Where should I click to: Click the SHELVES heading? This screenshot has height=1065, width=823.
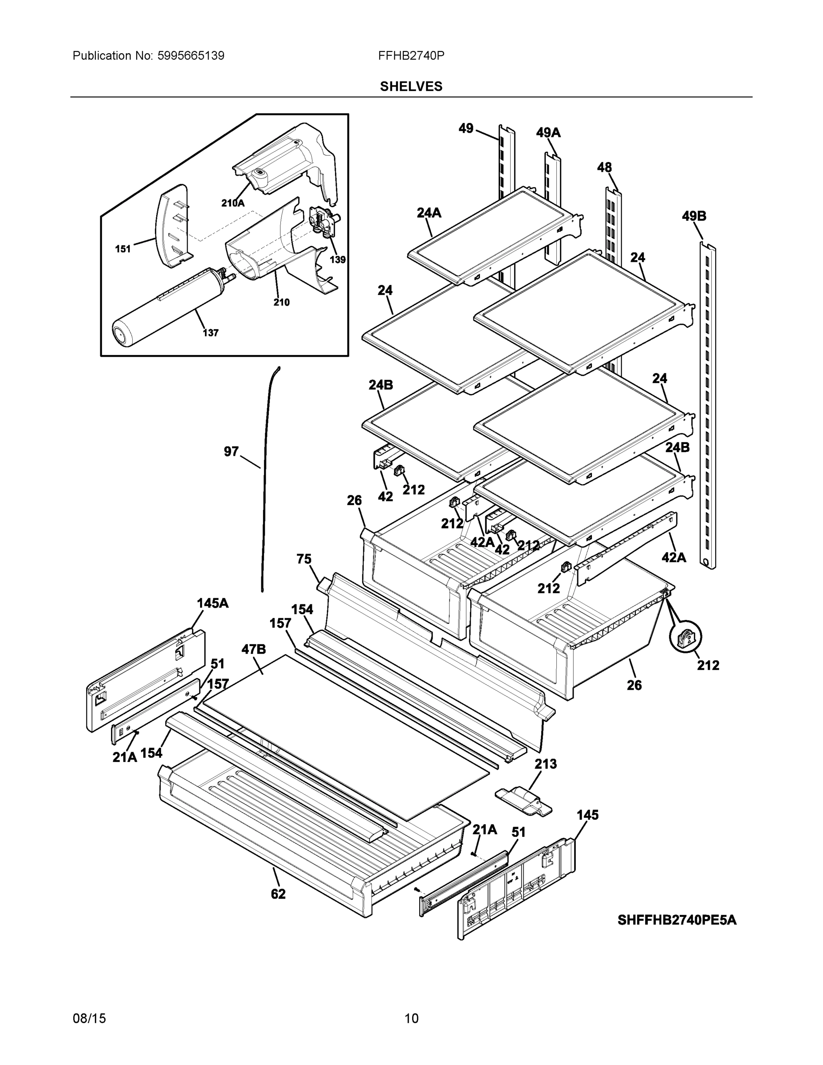pyautogui.click(x=411, y=87)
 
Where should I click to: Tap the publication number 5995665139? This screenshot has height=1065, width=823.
pyautogui.click(x=191, y=55)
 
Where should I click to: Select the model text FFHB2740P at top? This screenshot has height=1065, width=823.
pyautogui.click(x=411, y=55)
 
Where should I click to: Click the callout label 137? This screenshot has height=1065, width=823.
pyautogui.click(x=210, y=333)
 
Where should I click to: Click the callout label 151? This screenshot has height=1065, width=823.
pyautogui.click(x=123, y=249)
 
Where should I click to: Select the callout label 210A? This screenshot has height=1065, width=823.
pyautogui.click(x=232, y=203)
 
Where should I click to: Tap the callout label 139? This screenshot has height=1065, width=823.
pyautogui.click(x=337, y=260)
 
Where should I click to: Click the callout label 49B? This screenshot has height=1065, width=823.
pyautogui.click(x=694, y=216)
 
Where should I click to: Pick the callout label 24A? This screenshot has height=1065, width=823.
pyautogui.click(x=429, y=213)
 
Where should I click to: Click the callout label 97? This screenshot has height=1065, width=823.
pyautogui.click(x=231, y=452)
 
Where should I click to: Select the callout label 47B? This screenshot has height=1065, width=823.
pyautogui.click(x=253, y=649)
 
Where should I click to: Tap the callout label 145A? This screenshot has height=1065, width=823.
pyautogui.click(x=213, y=603)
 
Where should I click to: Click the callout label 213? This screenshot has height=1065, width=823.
pyautogui.click(x=546, y=764)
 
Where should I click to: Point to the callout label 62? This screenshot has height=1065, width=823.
pyautogui.click(x=278, y=894)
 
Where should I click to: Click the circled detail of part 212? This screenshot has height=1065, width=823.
pyautogui.click(x=685, y=637)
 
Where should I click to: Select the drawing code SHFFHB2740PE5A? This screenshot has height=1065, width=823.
pyautogui.click(x=677, y=920)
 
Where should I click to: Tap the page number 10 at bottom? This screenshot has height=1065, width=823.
pyautogui.click(x=411, y=1019)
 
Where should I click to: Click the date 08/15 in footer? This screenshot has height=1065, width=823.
pyautogui.click(x=89, y=1019)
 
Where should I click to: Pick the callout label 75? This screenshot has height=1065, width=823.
pyautogui.click(x=304, y=559)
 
